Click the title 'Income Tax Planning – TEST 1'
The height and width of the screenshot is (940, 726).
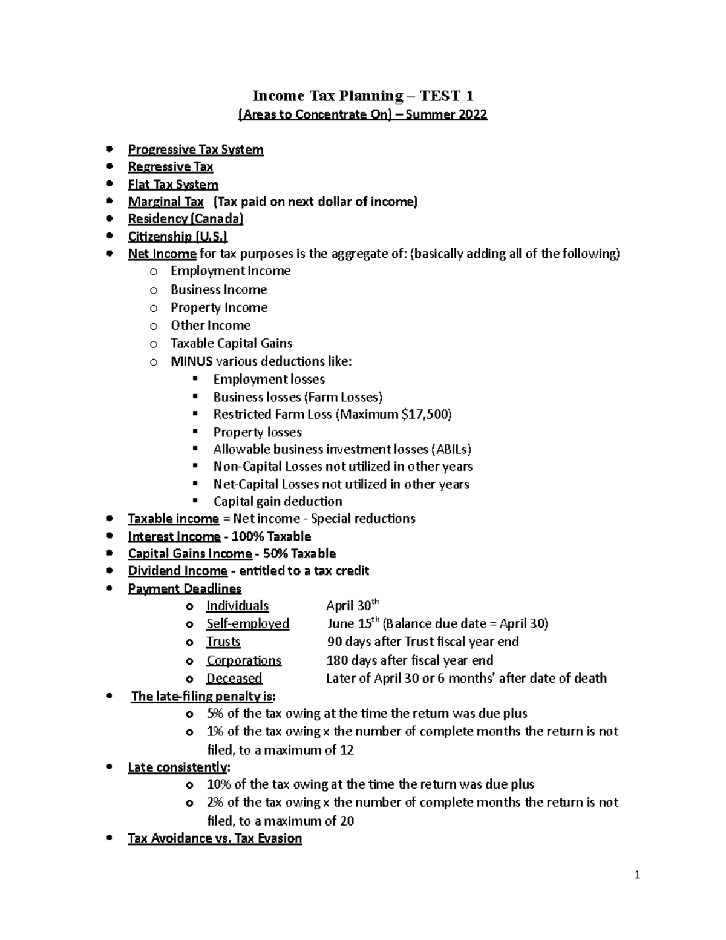[363, 96]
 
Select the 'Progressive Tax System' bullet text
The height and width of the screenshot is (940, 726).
[195, 150]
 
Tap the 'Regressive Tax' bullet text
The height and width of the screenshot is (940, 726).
[170, 166]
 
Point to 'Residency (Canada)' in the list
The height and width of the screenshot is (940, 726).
[185, 219]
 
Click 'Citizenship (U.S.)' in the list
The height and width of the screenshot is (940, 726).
[177, 236]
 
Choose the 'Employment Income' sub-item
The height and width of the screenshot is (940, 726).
[230, 271]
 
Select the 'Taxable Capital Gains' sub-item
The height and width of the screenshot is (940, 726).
[231, 343]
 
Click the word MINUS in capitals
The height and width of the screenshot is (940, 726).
[191, 361]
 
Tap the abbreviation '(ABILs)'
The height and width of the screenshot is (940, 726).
[451, 449]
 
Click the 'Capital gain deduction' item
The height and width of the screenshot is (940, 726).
[277, 501]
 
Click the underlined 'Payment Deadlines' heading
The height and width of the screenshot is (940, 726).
[185, 588]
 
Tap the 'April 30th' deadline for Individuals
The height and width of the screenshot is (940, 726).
[352, 605]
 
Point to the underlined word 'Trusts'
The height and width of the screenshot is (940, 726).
[223, 642]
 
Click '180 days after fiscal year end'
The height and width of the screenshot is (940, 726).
[410, 660]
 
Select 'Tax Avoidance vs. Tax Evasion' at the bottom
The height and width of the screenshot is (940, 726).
[215, 838]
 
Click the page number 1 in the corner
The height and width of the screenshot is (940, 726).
[637, 875]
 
